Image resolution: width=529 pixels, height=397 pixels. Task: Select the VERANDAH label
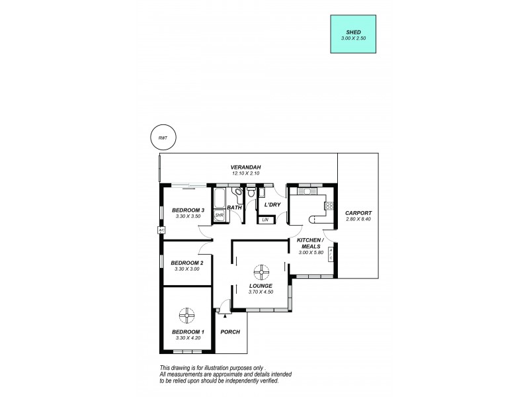(243, 167)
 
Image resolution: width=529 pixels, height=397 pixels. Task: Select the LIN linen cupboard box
(265, 219)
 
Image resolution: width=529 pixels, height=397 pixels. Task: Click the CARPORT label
(357, 212)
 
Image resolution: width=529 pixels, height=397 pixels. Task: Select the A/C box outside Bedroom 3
(161, 230)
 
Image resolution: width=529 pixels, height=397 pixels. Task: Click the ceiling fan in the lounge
(263, 271)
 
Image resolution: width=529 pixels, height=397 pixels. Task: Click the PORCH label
(230, 331)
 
